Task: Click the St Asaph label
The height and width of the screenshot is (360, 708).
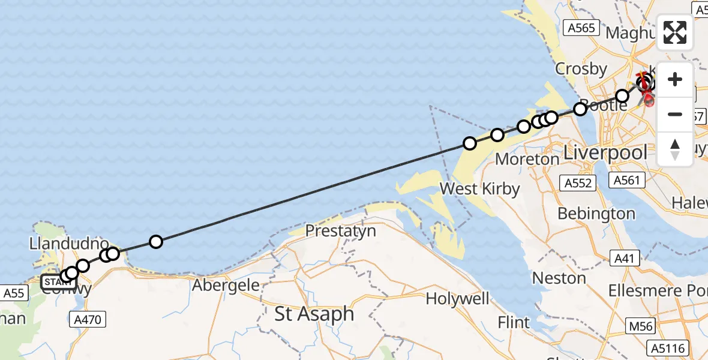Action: tap(314, 314)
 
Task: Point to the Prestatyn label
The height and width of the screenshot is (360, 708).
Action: tap(340, 230)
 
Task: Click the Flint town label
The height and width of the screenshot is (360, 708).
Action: tap(514, 323)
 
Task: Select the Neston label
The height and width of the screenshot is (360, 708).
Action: tap(559, 278)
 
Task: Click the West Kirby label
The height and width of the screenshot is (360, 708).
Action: tap(479, 189)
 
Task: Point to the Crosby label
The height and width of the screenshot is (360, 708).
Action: tap(581, 69)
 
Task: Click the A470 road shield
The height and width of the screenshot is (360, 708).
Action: tap(88, 320)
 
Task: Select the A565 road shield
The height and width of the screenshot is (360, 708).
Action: tap(582, 28)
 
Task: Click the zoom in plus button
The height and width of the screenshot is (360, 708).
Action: tap(675, 79)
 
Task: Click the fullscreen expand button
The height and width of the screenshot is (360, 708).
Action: tap(675, 32)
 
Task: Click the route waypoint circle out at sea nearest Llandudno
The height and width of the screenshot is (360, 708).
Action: tap(156, 242)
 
